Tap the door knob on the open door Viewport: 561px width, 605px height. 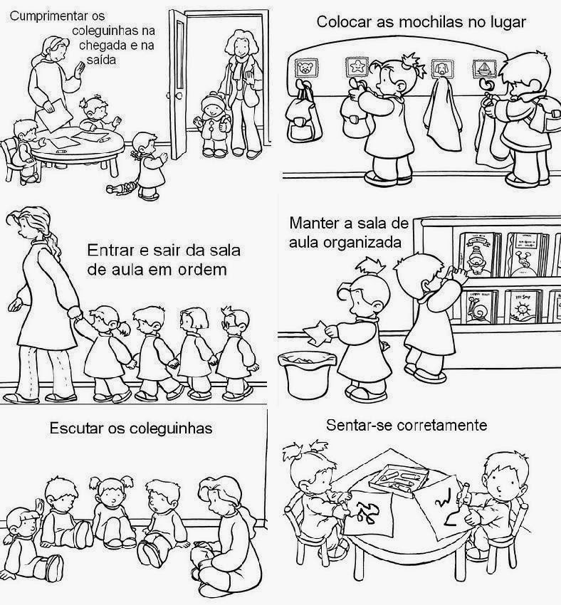[x=169, y=96]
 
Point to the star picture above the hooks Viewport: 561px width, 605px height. [x=356, y=66]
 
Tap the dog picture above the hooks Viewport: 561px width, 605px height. [x=440, y=68]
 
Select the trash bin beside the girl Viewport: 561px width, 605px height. [x=308, y=374]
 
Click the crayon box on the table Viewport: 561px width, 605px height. [x=398, y=478]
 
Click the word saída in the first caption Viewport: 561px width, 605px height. [x=102, y=59]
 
